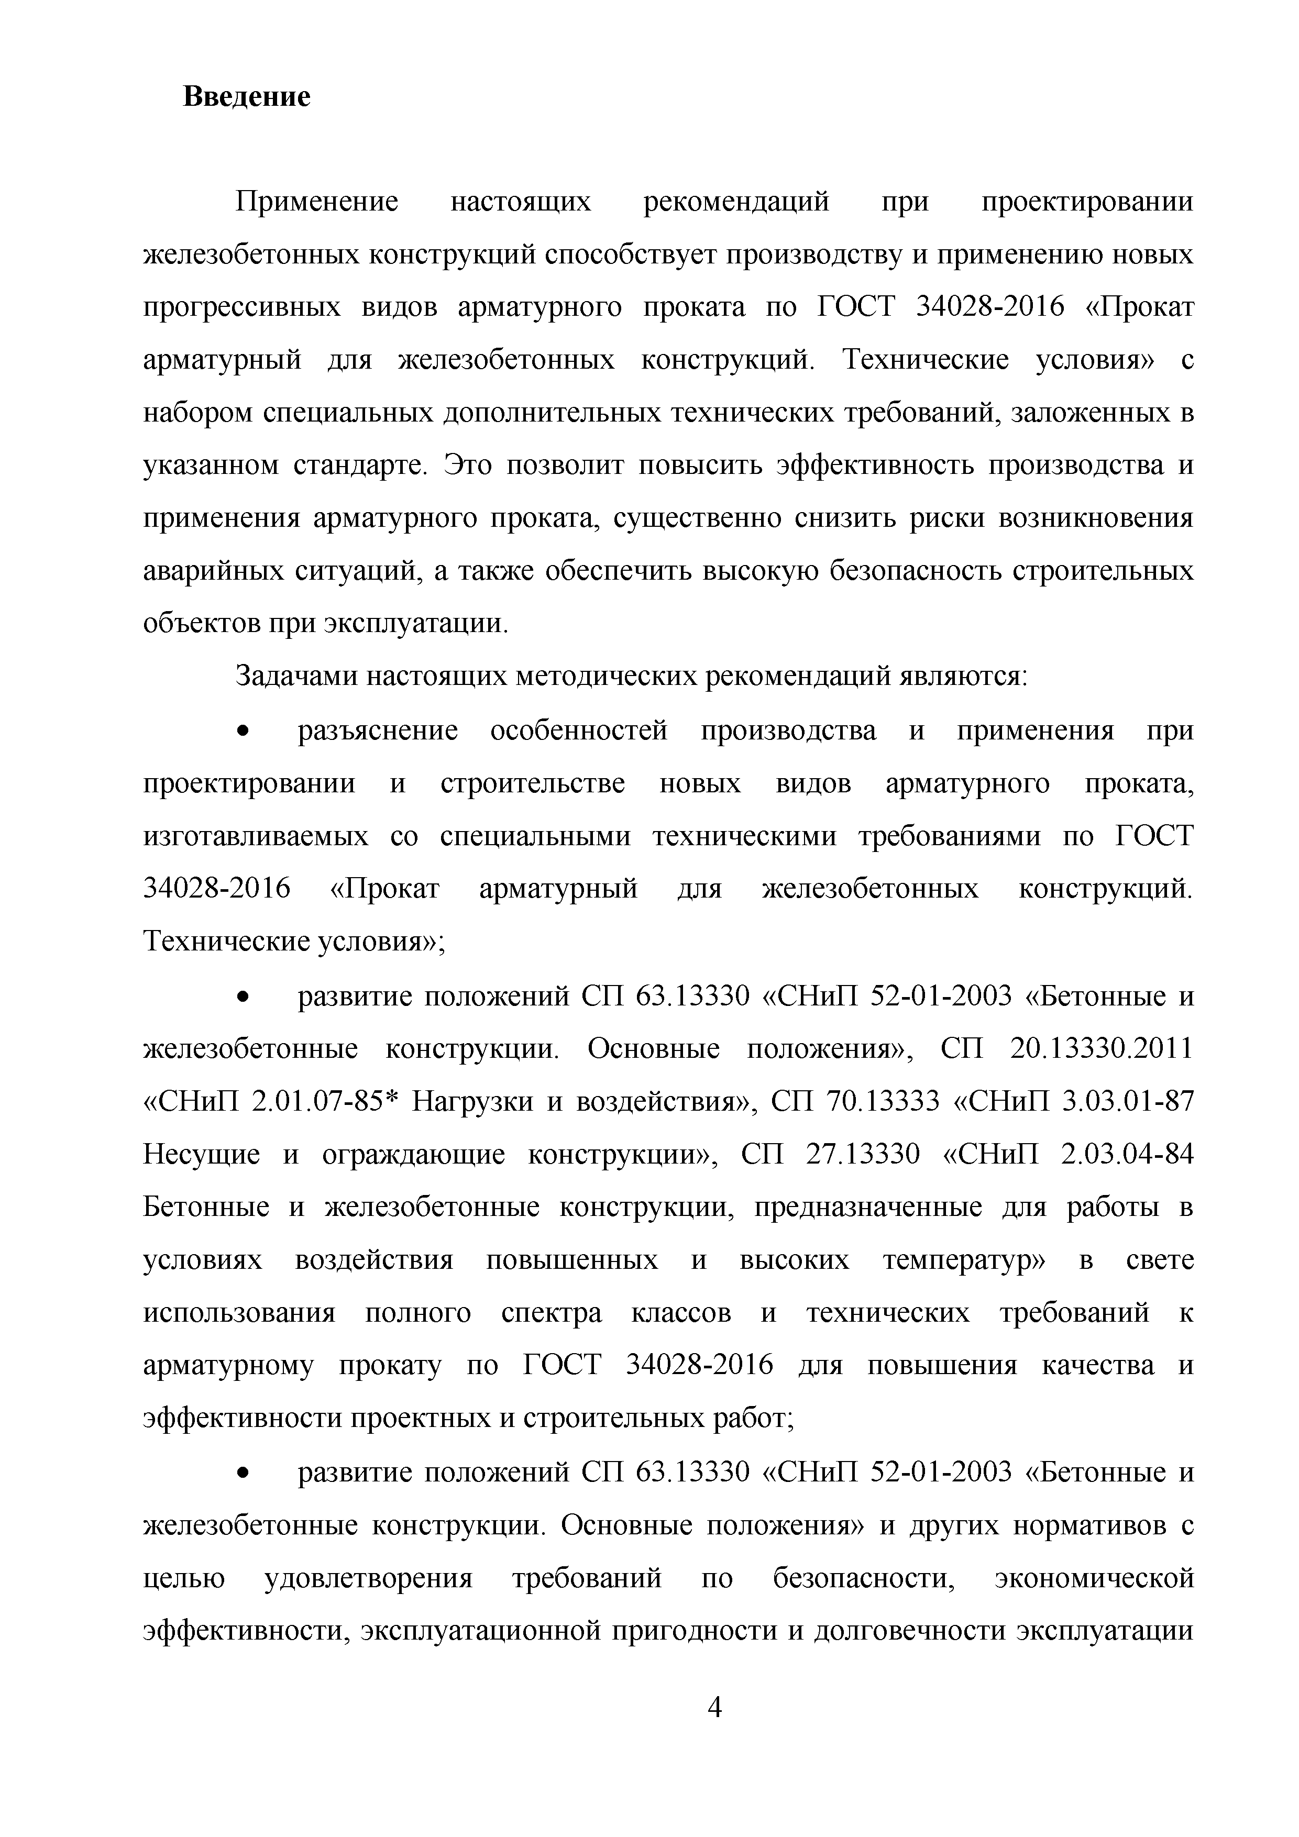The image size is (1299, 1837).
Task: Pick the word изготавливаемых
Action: pos(256,836)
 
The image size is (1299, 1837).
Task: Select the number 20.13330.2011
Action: pos(1102,1048)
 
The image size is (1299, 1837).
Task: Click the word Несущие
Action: pos(202,1155)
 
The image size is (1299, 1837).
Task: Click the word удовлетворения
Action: pos(368,1578)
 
